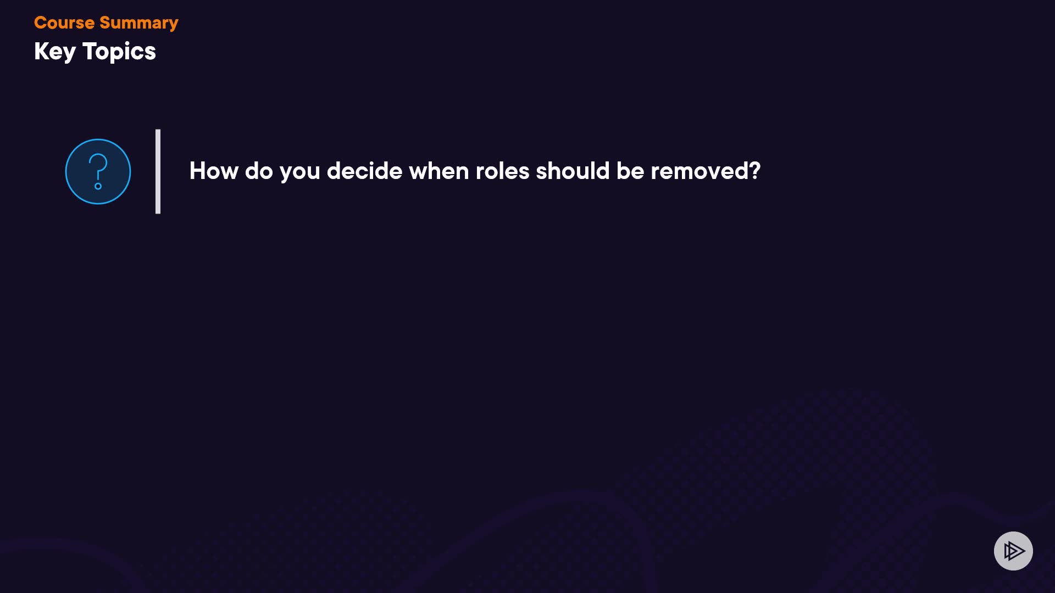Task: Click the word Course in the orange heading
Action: [x=64, y=23]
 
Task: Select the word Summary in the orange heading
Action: [x=139, y=24]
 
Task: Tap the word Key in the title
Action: [x=55, y=52]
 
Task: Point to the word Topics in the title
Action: [x=119, y=52]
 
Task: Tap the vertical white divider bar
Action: [x=158, y=171]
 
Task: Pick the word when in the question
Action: [x=439, y=171]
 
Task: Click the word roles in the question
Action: [x=502, y=171]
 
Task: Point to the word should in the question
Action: [x=573, y=171]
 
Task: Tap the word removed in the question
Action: [x=699, y=171]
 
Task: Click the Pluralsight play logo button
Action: [x=1013, y=551]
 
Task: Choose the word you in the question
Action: [x=300, y=173]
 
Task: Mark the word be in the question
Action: [x=630, y=171]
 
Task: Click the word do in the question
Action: [x=259, y=171]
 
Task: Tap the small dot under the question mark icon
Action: [x=98, y=186]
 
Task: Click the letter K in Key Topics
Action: [x=41, y=51]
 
